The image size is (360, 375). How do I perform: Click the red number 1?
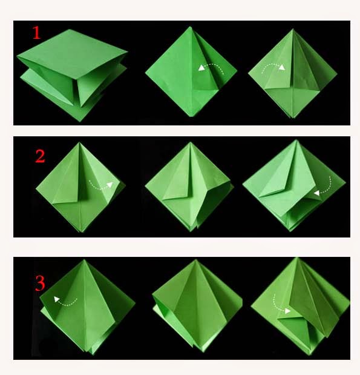(x=36, y=33)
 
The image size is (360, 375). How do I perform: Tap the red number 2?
(x=40, y=156)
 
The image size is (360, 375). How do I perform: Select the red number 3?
(x=40, y=284)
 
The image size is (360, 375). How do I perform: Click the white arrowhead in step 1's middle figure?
(x=201, y=68)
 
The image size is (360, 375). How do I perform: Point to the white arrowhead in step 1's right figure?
(x=282, y=67)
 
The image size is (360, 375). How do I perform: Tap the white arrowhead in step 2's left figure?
(x=110, y=185)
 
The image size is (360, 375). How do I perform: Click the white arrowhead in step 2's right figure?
(x=317, y=193)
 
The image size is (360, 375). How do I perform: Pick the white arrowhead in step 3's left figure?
(x=56, y=299)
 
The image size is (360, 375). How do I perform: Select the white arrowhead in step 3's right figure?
(x=287, y=311)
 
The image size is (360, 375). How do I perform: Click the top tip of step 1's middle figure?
(x=191, y=27)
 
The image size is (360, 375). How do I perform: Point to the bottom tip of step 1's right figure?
(x=293, y=118)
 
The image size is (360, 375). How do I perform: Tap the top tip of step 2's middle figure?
(x=191, y=142)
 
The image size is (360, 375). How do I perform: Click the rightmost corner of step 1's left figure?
(x=127, y=51)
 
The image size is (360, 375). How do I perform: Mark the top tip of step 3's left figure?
(x=84, y=260)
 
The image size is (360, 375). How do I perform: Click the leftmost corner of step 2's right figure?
(x=243, y=184)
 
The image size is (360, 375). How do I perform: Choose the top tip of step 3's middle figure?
(x=196, y=260)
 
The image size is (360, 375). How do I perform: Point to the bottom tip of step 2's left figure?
(x=81, y=232)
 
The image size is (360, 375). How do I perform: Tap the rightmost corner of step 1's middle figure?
(x=237, y=70)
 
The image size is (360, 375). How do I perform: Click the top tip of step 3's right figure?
(x=297, y=258)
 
